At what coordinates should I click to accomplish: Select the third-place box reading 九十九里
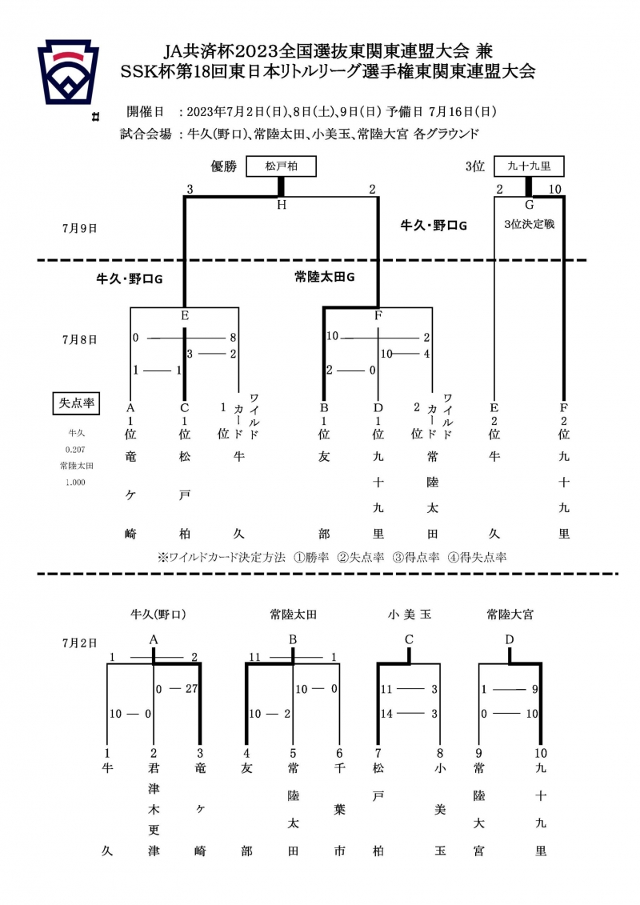point(529,166)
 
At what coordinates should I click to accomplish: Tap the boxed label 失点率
point(76,402)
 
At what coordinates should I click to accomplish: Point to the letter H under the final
point(281,205)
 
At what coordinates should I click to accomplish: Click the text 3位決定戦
point(530,225)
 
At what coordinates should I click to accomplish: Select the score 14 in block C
point(389,714)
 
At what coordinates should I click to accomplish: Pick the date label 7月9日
point(79,228)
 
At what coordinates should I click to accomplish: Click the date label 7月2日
point(79,642)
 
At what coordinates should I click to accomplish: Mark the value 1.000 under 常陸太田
point(76,482)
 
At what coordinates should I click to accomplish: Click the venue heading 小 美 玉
point(410,615)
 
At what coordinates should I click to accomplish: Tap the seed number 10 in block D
point(542,753)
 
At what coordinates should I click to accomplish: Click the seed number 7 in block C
point(378,753)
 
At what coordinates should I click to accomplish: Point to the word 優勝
point(224,166)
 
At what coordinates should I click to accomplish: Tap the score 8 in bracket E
point(233,338)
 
